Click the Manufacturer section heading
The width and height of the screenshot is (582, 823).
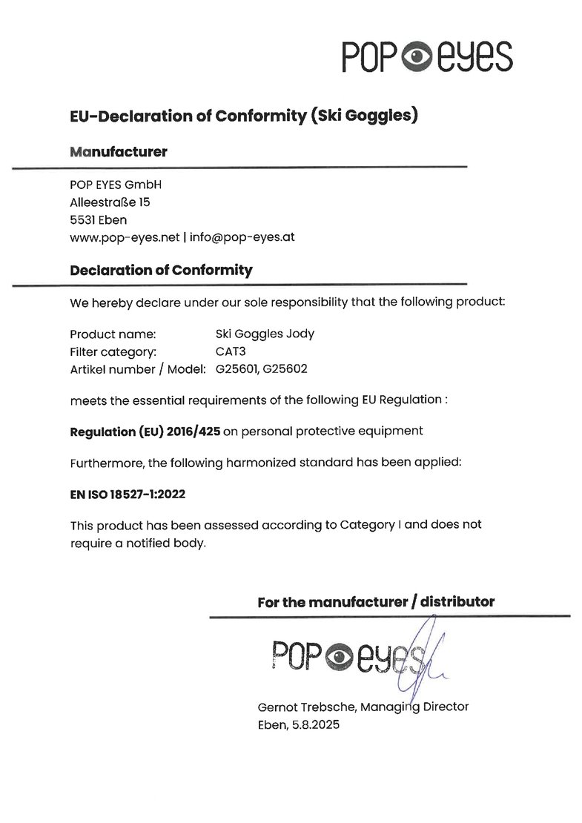(118, 152)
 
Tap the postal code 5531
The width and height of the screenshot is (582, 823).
(82, 219)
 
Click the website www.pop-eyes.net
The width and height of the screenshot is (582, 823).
(125, 238)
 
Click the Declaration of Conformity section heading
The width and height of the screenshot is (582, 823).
(161, 270)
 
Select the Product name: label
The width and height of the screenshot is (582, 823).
(113, 334)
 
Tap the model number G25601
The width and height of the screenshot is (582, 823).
(234, 368)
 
